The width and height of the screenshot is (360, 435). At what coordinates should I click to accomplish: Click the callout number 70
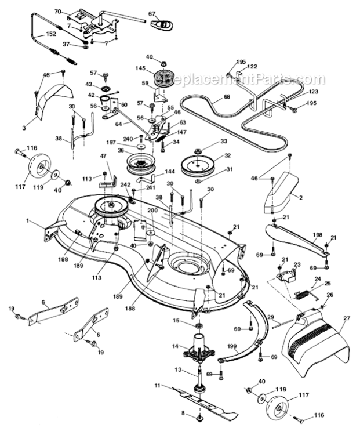coord(57,11)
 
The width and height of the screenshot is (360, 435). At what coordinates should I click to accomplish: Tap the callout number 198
coord(316,234)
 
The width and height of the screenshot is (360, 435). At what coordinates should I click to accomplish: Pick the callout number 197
coord(111,143)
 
